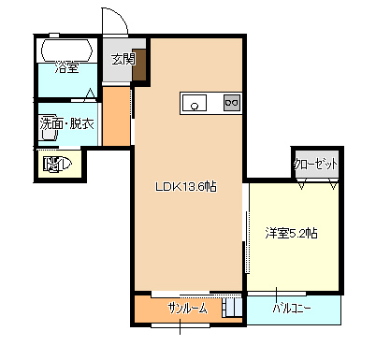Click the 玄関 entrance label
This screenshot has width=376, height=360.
(x=123, y=59)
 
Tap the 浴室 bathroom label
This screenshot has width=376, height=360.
(x=66, y=67)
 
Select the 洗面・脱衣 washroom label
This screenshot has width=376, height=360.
(x=67, y=123)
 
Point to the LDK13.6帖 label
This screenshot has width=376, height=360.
(x=186, y=186)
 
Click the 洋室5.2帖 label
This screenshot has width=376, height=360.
(x=292, y=233)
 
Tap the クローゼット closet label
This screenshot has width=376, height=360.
(x=315, y=164)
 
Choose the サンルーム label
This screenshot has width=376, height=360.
(x=187, y=309)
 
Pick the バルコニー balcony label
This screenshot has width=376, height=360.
(x=292, y=309)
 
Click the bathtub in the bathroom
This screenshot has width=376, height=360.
(x=67, y=50)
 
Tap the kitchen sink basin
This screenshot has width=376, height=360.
(x=195, y=103)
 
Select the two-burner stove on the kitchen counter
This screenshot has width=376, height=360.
(x=232, y=103)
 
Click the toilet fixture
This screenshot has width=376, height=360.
(x=58, y=164)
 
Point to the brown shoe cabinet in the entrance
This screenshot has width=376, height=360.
(x=139, y=65)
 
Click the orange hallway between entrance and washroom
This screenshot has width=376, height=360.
(x=116, y=116)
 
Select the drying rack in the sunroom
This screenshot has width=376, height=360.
(x=232, y=308)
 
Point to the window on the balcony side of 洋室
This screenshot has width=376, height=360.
(x=277, y=294)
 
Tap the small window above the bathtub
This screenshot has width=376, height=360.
(x=54, y=35)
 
